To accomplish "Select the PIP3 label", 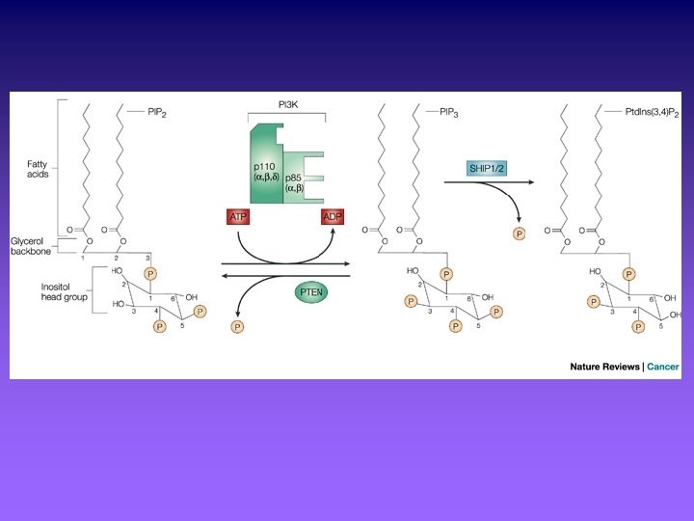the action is pyautogui.click(x=449, y=111).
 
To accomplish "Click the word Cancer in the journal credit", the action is pyautogui.click(x=664, y=367).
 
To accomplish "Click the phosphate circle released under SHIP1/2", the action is pyautogui.click(x=520, y=233).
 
